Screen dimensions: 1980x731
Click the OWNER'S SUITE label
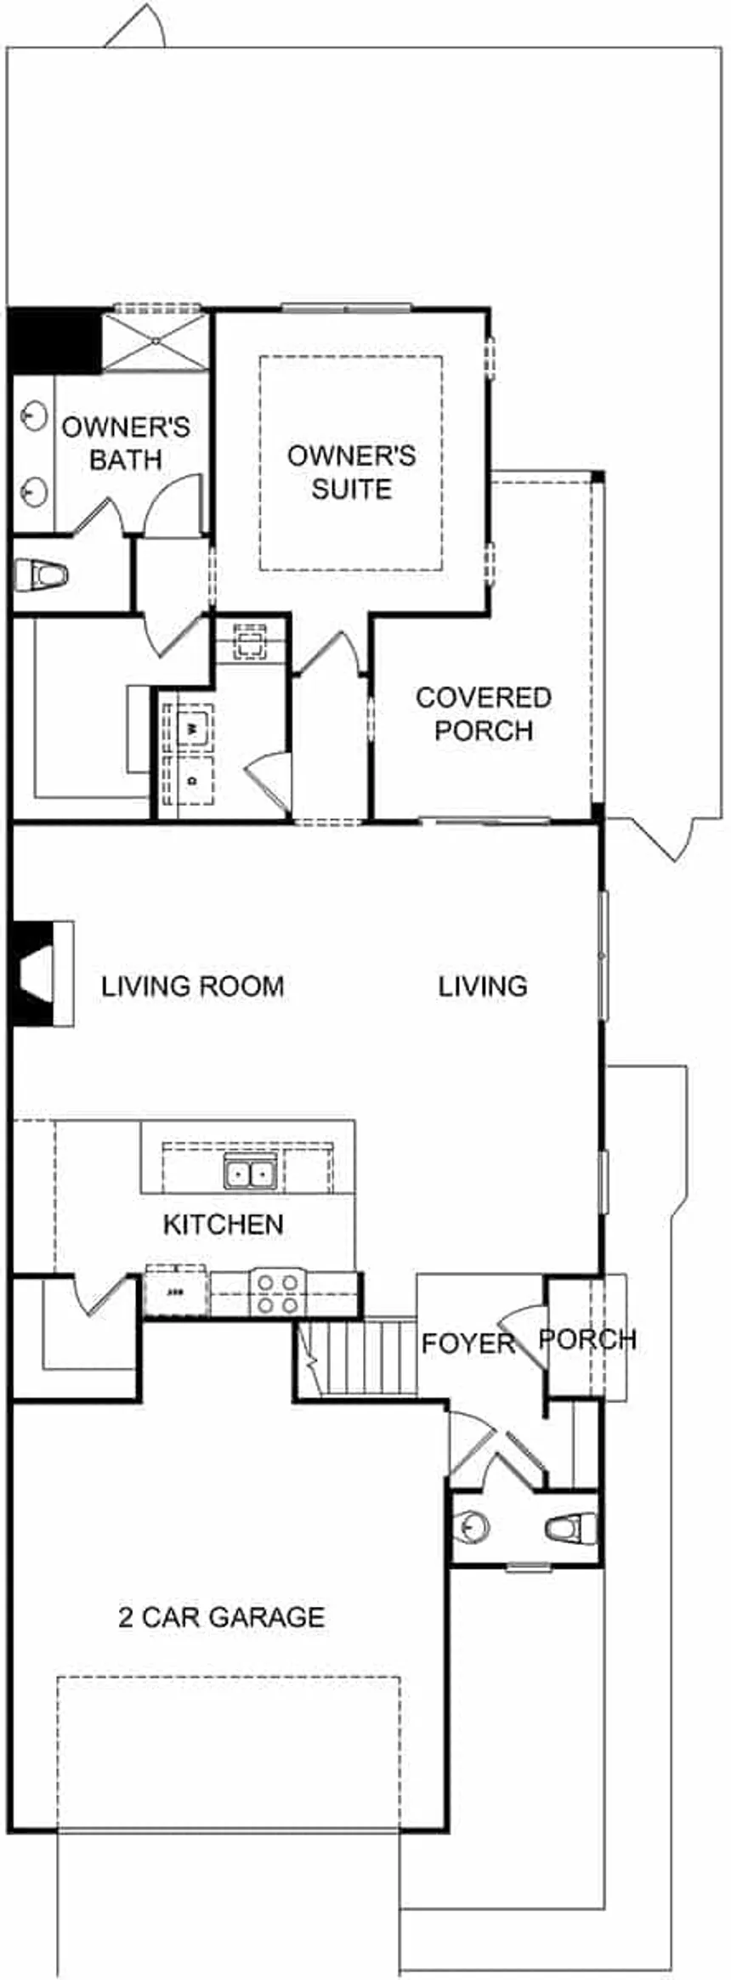point(351,472)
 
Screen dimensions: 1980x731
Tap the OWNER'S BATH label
point(126,443)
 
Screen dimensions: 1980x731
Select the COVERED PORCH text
point(484,714)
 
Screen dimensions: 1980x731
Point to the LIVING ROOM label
point(193,987)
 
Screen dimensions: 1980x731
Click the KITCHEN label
point(224,1225)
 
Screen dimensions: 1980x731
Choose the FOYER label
point(468,1344)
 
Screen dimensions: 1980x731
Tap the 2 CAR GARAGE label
point(222,1616)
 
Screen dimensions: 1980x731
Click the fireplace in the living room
point(38,972)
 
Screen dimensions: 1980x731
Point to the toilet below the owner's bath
point(42,575)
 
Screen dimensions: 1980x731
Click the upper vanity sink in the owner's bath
point(32,415)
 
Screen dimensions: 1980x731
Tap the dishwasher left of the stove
point(176,1293)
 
